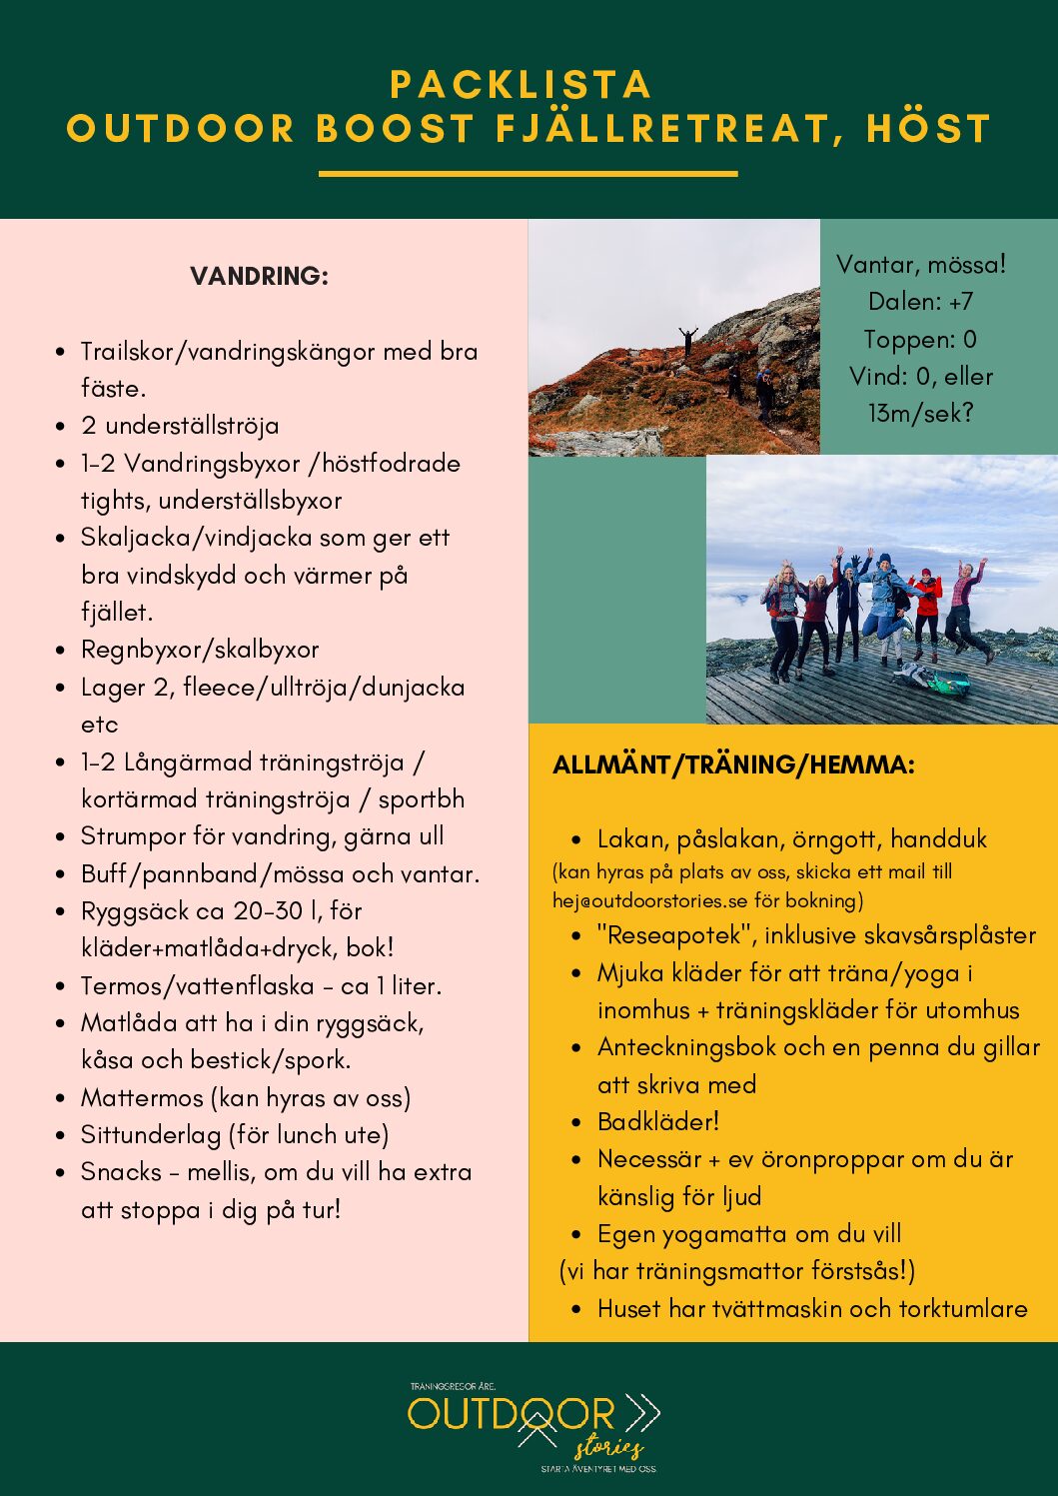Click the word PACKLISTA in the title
pos(521,85)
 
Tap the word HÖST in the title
pos(928,129)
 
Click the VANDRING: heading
pos(259,277)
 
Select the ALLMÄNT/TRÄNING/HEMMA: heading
pos(733,765)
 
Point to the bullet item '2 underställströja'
pos(180,426)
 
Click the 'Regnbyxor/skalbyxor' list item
pos(200,650)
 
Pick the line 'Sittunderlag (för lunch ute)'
pos(235,1135)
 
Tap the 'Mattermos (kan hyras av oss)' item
pos(246,1098)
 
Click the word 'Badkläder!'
pos(658,1121)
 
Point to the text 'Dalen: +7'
pos(920,302)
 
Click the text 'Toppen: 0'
pos(920,340)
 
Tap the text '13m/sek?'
pos(920,414)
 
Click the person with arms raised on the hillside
pos(687,340)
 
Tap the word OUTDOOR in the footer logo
pos(512,1414)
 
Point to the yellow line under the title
pos(528,174)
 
